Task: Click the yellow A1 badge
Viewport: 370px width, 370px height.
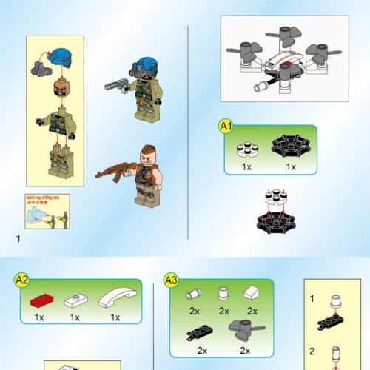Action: (x=226, y=127)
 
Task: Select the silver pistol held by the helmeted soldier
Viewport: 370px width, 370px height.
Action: (x=117, y=84)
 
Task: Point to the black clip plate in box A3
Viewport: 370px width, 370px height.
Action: (x=201, y=331)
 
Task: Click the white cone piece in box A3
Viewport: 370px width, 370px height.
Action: (x=223, y=295)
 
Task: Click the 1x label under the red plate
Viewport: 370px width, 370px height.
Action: (x=39, y=317)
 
